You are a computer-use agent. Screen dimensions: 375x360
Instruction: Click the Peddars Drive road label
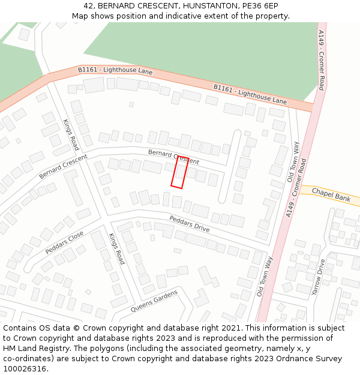click(x=190, y=224)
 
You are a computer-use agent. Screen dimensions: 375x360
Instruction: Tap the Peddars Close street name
click(x=64, y=243)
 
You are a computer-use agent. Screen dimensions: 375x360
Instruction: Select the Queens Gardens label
click(x=154, y=301)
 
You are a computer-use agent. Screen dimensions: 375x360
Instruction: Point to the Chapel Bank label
click(x=331, y=196)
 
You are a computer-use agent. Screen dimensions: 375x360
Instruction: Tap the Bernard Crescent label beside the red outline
click(x=173, y=157)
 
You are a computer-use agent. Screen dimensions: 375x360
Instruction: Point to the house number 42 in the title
click(x=88, y=5)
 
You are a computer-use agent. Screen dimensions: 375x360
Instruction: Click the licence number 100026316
click(x=25, y=368)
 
